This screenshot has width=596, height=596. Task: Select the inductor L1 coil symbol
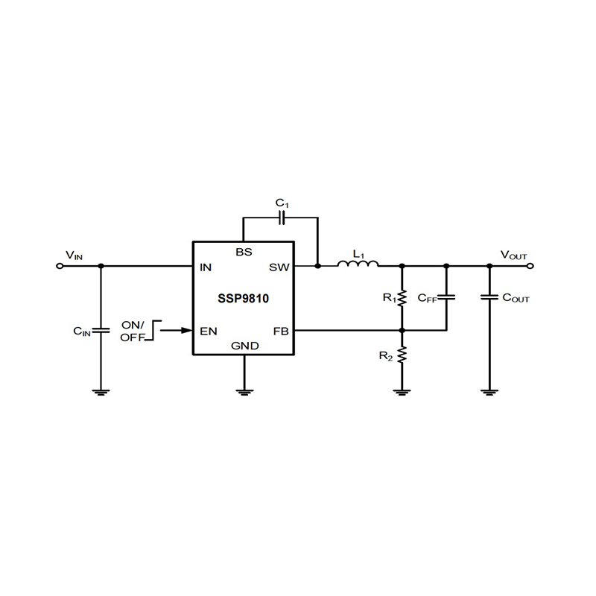click(358, 263)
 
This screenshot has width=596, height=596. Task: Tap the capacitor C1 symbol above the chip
click(282, 218)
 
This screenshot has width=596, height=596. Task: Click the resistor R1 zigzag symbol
click(402, 298)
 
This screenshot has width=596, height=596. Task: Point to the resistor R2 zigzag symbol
click(402, 356)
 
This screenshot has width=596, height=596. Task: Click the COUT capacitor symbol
click(489, 297)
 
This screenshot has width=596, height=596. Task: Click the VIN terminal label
click(74, 256)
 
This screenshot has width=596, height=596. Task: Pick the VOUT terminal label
click(513, 256)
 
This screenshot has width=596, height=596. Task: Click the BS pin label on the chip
click(244, 252)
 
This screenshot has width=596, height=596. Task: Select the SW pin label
click(280, 266)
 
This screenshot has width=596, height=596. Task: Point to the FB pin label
click(281, 330)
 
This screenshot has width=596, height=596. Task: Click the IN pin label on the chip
click(206, 266)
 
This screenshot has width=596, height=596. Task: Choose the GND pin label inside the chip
click(244, 346)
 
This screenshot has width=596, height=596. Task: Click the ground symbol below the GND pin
click(243, 390)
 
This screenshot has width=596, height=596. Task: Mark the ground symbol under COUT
click(489, 390)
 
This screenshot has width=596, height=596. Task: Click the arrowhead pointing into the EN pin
click(186, 329)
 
